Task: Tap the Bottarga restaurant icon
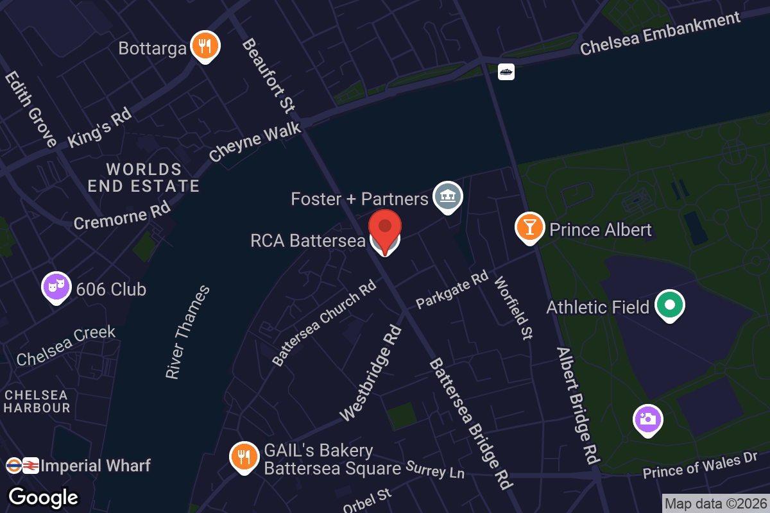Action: (205, 46)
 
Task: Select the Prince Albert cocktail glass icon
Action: (529, 227)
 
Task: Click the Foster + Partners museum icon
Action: (447, 196)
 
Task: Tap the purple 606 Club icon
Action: (56, 287)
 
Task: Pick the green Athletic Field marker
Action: (669, 306)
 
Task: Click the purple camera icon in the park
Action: (647, 419)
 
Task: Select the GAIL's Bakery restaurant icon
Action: (243, 457)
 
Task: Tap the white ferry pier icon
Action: (506, 72)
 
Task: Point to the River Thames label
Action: (187, 332)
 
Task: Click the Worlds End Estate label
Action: (144, 178)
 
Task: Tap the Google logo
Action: (44, 497)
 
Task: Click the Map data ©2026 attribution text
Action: (715, 503)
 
